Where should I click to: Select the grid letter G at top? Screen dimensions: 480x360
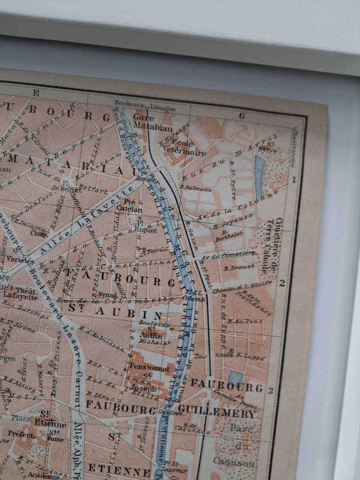(x=242, y=116)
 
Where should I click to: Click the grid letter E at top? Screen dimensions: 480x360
(x=36, y=93)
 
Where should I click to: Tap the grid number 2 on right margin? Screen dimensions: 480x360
(x=282, y=283)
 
